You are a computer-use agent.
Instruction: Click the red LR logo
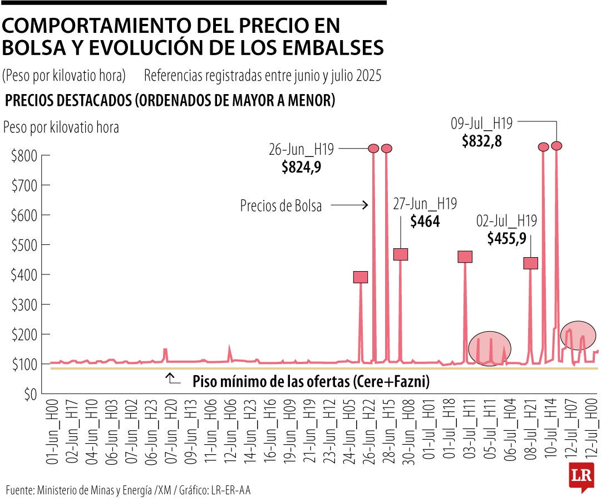pyautogui.click(x=581, y=477)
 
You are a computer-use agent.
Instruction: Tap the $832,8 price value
pyautogui.click(x=482, y=141)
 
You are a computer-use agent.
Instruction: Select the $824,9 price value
pyautogui.click(x=301, y=166)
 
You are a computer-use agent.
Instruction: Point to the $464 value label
pyautogui.click(x=425, y=222)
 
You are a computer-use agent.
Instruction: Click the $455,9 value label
pyautogui.click(x=506, y=238)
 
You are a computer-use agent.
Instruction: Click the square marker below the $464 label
pyautogui.click(x=401, y=254)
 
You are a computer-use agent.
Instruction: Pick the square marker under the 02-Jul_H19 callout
pyautogui.click(x=531, y=263)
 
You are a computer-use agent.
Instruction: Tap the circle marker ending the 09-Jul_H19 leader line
pyautogui.click(x=556, y=146)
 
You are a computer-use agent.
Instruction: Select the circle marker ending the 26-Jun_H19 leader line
pyautogui.click(x=373, y=149)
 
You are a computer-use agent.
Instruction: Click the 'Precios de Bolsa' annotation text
pyautogui.click(x=281, y=205)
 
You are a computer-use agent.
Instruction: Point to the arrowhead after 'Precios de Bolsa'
pyautogui.click(x=365, y=205)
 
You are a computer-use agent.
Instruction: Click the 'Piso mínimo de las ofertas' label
pyautogui.click(x=311, y=382)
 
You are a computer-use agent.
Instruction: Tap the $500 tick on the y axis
pyautogui.click(x=24, y=245)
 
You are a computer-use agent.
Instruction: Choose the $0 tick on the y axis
pyautogui.click(x=28, y=394)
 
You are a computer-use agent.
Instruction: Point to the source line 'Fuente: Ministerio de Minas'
pyautogui.click(x=128, y=490)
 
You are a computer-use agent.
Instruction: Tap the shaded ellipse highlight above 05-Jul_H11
pyautogui.click(x=489, y=348)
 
